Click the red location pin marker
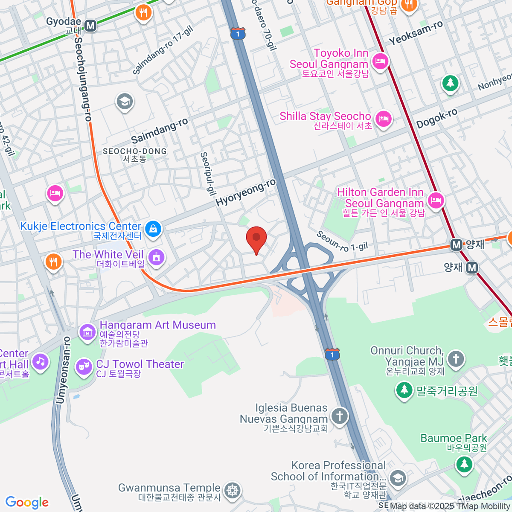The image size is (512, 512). pyautogui.click(x=256, y=238)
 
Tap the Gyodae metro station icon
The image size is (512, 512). pyautogui.click(x=90, y=26)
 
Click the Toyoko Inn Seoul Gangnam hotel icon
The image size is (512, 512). pyautogui.click(x=379, y=61)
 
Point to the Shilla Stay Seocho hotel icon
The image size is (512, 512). pyautogui.click(x=384, y=119)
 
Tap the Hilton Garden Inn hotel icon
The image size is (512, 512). pyautogui.click(x=436, y=200)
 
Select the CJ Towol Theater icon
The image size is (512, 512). pyautogui.click(x=84, y=366)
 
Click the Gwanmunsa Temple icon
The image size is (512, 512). pyautogui.click(x=233, y=490)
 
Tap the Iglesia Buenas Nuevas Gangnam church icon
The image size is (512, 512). pyautogui.click(x=340, y=415)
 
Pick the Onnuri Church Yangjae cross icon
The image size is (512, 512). pyautogui.click(x=456, y=358)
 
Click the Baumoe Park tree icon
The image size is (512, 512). pyautogui.click(x=464, y=463)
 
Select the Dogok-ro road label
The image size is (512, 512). pyautogui.click(x=437, y=118)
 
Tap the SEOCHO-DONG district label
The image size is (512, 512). pyautogui.click(x=135, y=154)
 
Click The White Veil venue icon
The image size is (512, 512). pyautogui.click(x=157, y=257)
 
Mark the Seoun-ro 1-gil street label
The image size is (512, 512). pyautogui.click(x=341, y=241)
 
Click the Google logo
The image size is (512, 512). pyautogui.click(x=27, y=503)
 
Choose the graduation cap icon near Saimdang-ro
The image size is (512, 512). pyautogui.click(x=125, y=102)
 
